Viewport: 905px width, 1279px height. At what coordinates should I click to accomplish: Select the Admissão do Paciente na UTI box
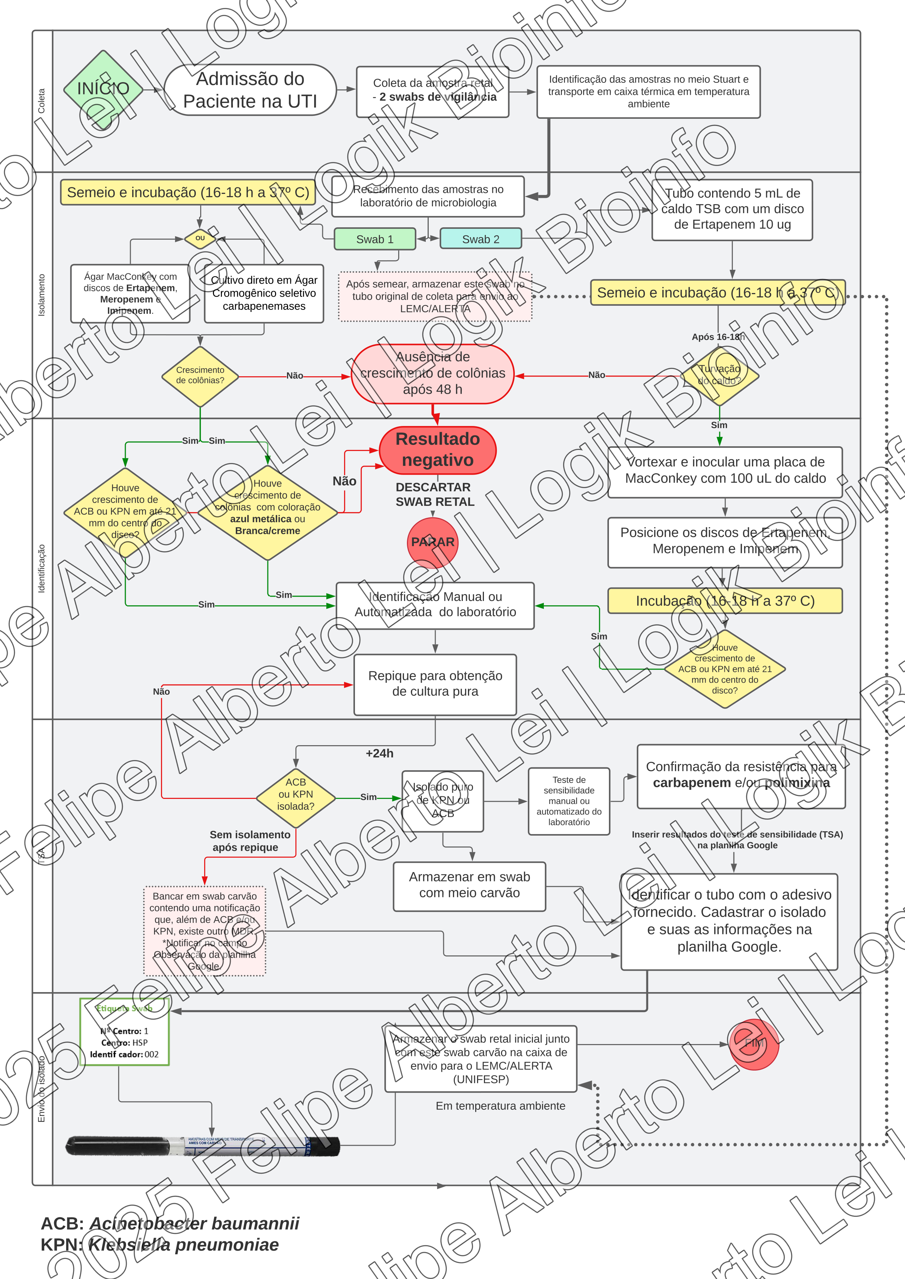[250, 90]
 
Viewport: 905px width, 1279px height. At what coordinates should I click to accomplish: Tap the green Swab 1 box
[375, 239]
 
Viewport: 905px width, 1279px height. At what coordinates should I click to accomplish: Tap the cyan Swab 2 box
[480, 239]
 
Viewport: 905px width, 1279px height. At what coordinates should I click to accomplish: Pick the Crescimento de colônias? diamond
[200, 376]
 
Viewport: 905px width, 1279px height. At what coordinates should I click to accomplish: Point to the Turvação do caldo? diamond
[719, 376]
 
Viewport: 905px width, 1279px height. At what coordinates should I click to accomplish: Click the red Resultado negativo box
[437, 450]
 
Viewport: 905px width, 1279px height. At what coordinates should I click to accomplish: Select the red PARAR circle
[432, 542]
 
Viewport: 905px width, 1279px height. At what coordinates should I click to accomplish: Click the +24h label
[380, 753]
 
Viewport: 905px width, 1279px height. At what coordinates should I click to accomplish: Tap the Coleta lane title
[41, 101]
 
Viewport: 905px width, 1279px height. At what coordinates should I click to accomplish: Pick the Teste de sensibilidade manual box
[569, 801]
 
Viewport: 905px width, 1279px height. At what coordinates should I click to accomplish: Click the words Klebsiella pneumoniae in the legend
[183, 1245]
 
